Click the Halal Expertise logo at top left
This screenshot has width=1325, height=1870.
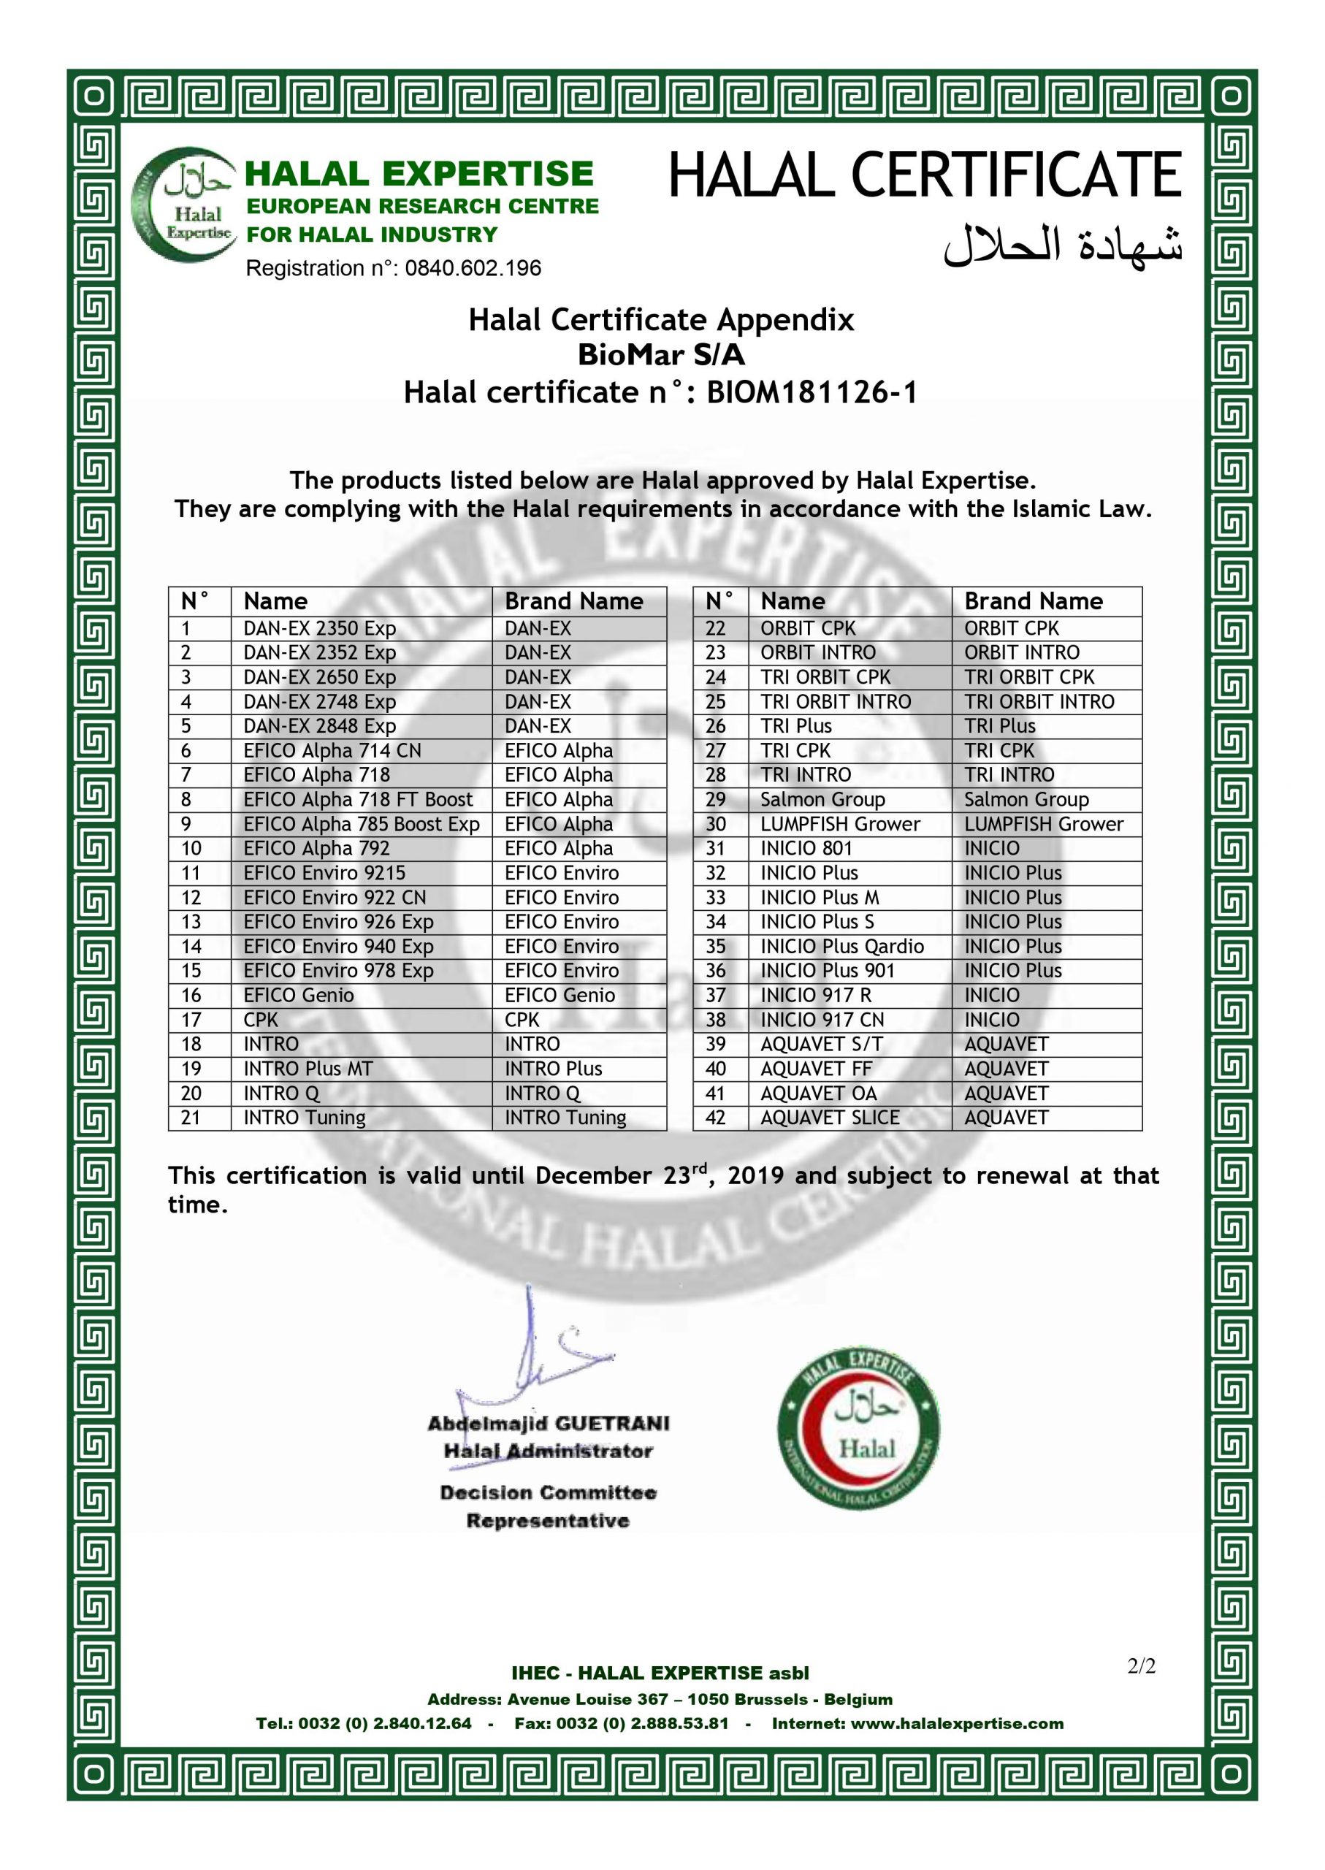click(x=186, y=205)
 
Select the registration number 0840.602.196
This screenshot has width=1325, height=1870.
click(x=473, y=268)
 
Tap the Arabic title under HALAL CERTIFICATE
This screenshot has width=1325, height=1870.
click(x=1062, y=245)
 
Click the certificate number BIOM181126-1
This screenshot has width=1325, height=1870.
click(x=811, y=393)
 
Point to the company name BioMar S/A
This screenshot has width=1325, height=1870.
click(x=661, y=356)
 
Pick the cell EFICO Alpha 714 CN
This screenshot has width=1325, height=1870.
click(x=332, y=751)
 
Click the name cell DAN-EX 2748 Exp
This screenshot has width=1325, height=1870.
click(x=319, y=702)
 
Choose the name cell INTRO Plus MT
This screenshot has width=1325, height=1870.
click(x=308, y=1069)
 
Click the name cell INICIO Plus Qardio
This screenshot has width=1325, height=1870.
click(x=842, y=947)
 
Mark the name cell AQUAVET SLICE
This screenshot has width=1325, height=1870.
click(x=830, y=1118)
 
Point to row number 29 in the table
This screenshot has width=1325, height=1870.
click(x=716, y=800)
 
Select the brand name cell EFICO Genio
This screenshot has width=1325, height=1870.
click(x=560, y=996)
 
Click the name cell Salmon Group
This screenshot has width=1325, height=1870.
click(x=822, y=800)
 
